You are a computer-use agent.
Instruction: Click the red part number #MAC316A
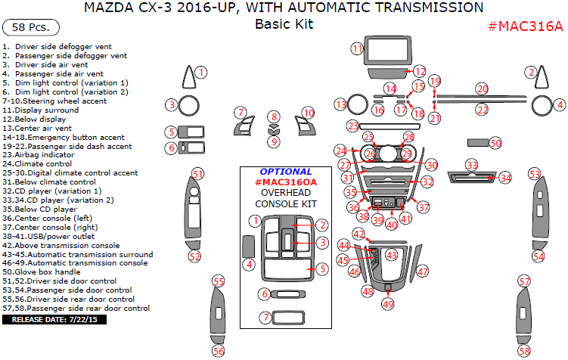(525, 26)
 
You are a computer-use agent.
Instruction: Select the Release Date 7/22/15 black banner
(54, 320)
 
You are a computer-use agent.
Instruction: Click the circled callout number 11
(357, 48)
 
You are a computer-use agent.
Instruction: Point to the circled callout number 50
(495, 142)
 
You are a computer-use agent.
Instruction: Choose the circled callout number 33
(471, 164)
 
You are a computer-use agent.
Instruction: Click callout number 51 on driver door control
(197, 173)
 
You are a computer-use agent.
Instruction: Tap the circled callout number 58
(524, 351)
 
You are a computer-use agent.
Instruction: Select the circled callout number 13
(341, 104)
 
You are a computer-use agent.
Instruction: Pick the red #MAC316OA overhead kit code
(286, 182)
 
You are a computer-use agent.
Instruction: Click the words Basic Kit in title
(284, 24)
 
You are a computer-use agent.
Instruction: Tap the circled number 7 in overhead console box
(265, 318)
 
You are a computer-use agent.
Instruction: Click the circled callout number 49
(387, 304)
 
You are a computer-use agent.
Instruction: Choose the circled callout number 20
(482, 88)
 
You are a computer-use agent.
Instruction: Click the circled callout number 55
(219, 281)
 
